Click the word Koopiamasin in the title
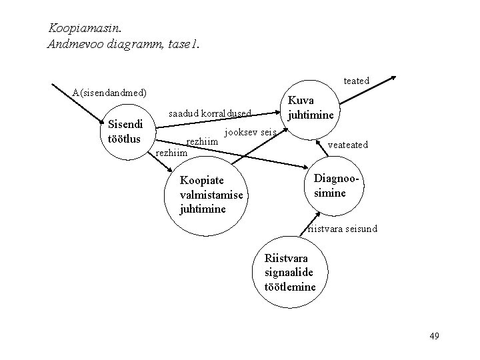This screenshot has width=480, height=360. pyautogui.click(x=83, y=29)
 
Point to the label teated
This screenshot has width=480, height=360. pyautogui.click(x=356, y=81)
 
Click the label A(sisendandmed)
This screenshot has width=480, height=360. pyautogui.click(x=109, y=91)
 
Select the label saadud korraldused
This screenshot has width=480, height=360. pyautogui.click(x=210, y=114)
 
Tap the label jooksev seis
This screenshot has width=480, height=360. pyautogui.click(x=251, y=131)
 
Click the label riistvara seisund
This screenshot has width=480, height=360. pyautogui.click(x=342, y=229)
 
